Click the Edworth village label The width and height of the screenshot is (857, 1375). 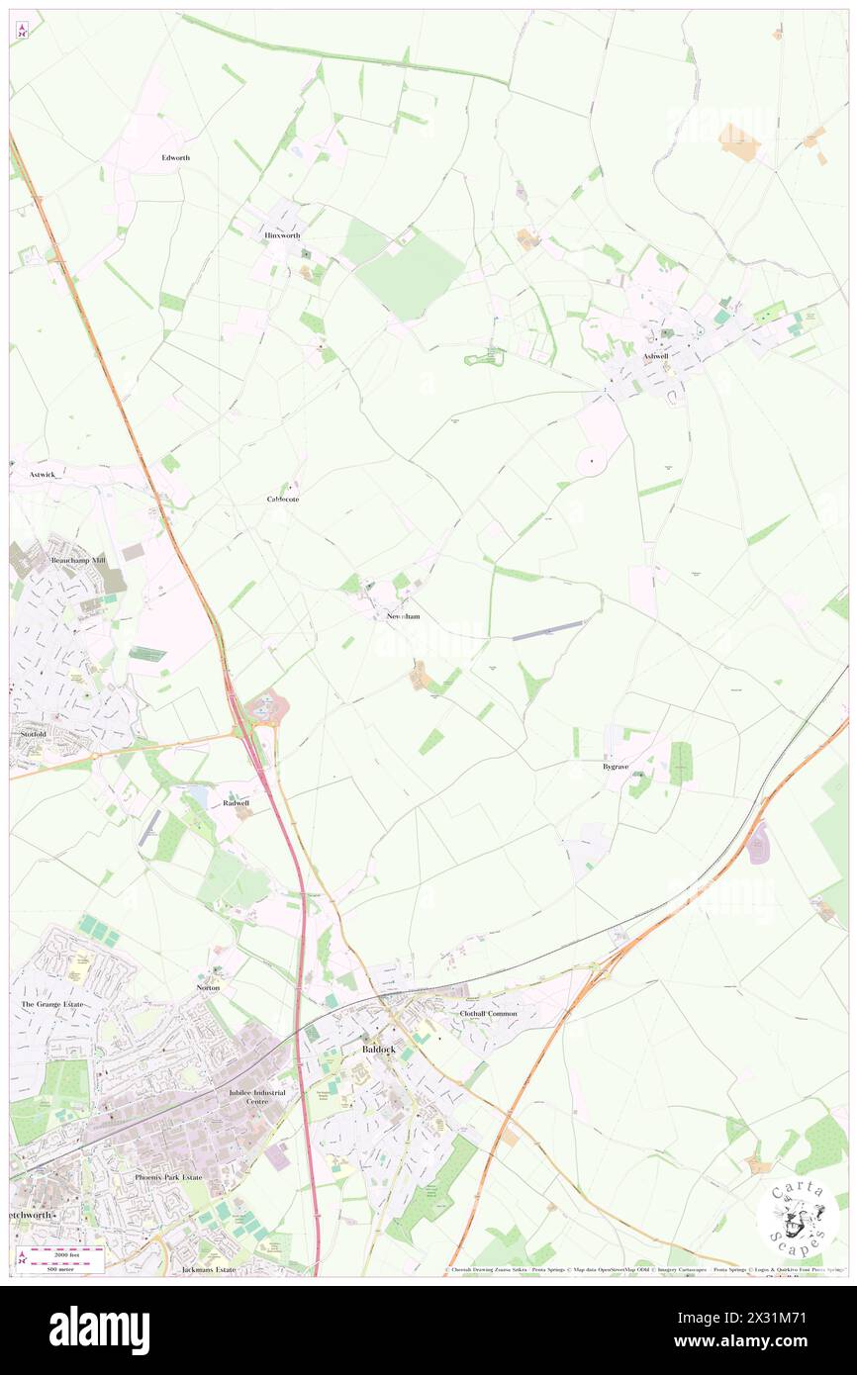coord(176,158)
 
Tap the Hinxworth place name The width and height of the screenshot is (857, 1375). coord(282,235)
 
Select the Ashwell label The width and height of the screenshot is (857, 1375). coord(656,356)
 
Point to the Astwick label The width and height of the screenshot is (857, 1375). coord(43,475)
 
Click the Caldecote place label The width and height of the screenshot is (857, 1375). coord(283,500)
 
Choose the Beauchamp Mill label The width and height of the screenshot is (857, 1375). coord(78,560)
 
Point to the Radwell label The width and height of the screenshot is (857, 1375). coord(236,802)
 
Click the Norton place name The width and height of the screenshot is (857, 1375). coord(208,988)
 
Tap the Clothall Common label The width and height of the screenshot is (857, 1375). coord(488,1014)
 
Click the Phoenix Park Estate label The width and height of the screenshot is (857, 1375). coord(168,1178)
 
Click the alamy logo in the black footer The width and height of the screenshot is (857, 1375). coord(99,1329)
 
